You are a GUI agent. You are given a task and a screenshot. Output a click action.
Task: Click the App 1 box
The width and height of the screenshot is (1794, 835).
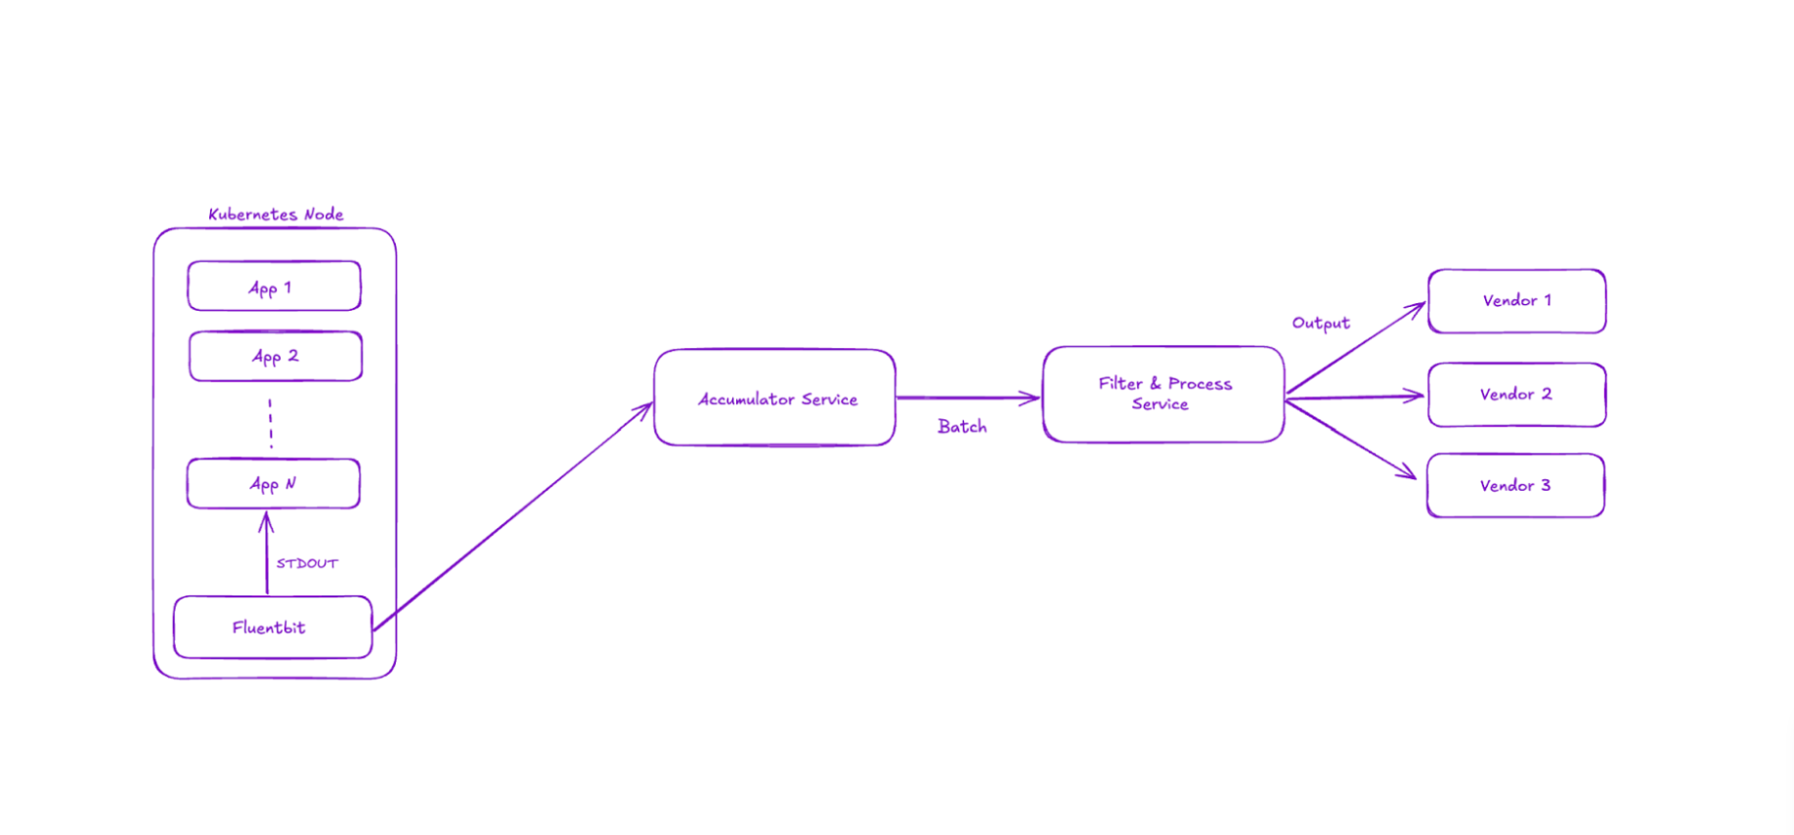[274, 286]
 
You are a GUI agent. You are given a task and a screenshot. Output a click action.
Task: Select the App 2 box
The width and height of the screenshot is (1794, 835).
[276, 356]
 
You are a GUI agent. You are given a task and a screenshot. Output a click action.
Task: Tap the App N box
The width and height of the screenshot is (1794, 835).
[274, 483]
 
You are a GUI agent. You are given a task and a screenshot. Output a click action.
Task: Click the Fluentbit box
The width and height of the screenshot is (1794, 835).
[273, 627]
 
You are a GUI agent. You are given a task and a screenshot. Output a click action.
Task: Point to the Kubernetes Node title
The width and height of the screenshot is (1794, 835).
[276, 214]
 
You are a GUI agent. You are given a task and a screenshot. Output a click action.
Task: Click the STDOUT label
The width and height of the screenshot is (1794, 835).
[307, 563]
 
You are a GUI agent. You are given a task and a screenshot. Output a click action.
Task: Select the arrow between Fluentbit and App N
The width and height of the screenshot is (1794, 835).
[266, 552]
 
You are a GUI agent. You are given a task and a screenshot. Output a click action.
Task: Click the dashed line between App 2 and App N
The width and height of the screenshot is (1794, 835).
[271, 423]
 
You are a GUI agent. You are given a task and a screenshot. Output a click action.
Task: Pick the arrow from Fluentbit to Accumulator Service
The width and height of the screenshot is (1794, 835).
[513, 516]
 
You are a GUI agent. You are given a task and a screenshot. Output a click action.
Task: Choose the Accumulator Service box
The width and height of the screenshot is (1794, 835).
[774, 397]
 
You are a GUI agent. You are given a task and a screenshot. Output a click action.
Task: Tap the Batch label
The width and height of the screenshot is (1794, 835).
[962, 426]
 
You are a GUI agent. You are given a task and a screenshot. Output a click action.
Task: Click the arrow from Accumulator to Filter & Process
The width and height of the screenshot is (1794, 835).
[968, 397]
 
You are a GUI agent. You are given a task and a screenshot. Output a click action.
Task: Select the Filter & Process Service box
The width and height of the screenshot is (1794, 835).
[1163, 394]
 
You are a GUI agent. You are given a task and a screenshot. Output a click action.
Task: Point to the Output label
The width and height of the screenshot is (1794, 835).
[1321, 323]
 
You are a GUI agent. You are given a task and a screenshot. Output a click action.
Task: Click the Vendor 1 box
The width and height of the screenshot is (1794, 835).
[1516, 301]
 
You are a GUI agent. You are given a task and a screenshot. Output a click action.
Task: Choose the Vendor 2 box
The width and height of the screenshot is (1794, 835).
[1516, 395]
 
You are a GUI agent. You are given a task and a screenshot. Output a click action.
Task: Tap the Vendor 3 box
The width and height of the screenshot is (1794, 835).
[1515, 485]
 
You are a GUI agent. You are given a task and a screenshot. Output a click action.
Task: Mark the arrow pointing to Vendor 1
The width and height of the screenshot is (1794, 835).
[1356, 348]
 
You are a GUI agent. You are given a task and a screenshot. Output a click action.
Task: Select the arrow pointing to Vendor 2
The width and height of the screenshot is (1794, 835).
[1355, 396]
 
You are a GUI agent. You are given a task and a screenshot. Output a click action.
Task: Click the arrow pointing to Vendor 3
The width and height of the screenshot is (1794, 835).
[1351, 439]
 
